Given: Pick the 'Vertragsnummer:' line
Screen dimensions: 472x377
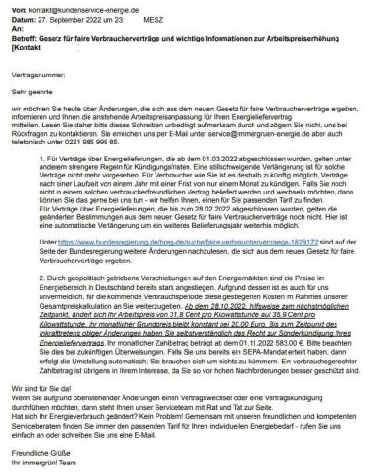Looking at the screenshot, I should pos(37,72).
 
